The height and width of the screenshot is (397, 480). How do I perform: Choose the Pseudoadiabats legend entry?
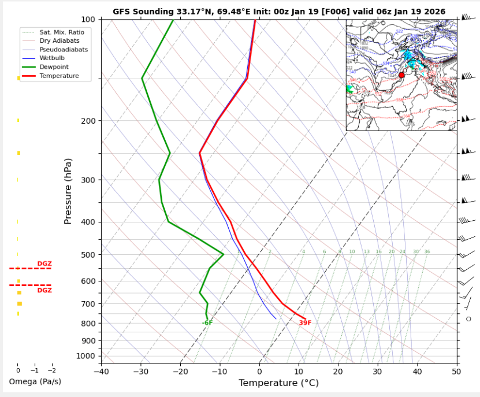click(64, 50)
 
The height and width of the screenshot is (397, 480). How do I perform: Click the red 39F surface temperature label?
click(305, 323)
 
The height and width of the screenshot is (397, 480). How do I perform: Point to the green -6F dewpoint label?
click(207, 323)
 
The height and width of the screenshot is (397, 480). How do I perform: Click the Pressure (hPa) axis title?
click(68, 191)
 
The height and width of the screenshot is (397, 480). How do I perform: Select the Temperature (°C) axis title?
click(278, 383)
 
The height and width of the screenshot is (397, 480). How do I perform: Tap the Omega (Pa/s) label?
click(35, 382)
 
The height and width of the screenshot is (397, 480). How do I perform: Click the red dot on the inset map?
click(402, 75)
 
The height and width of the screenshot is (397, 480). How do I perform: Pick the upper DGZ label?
click(44, 264)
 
